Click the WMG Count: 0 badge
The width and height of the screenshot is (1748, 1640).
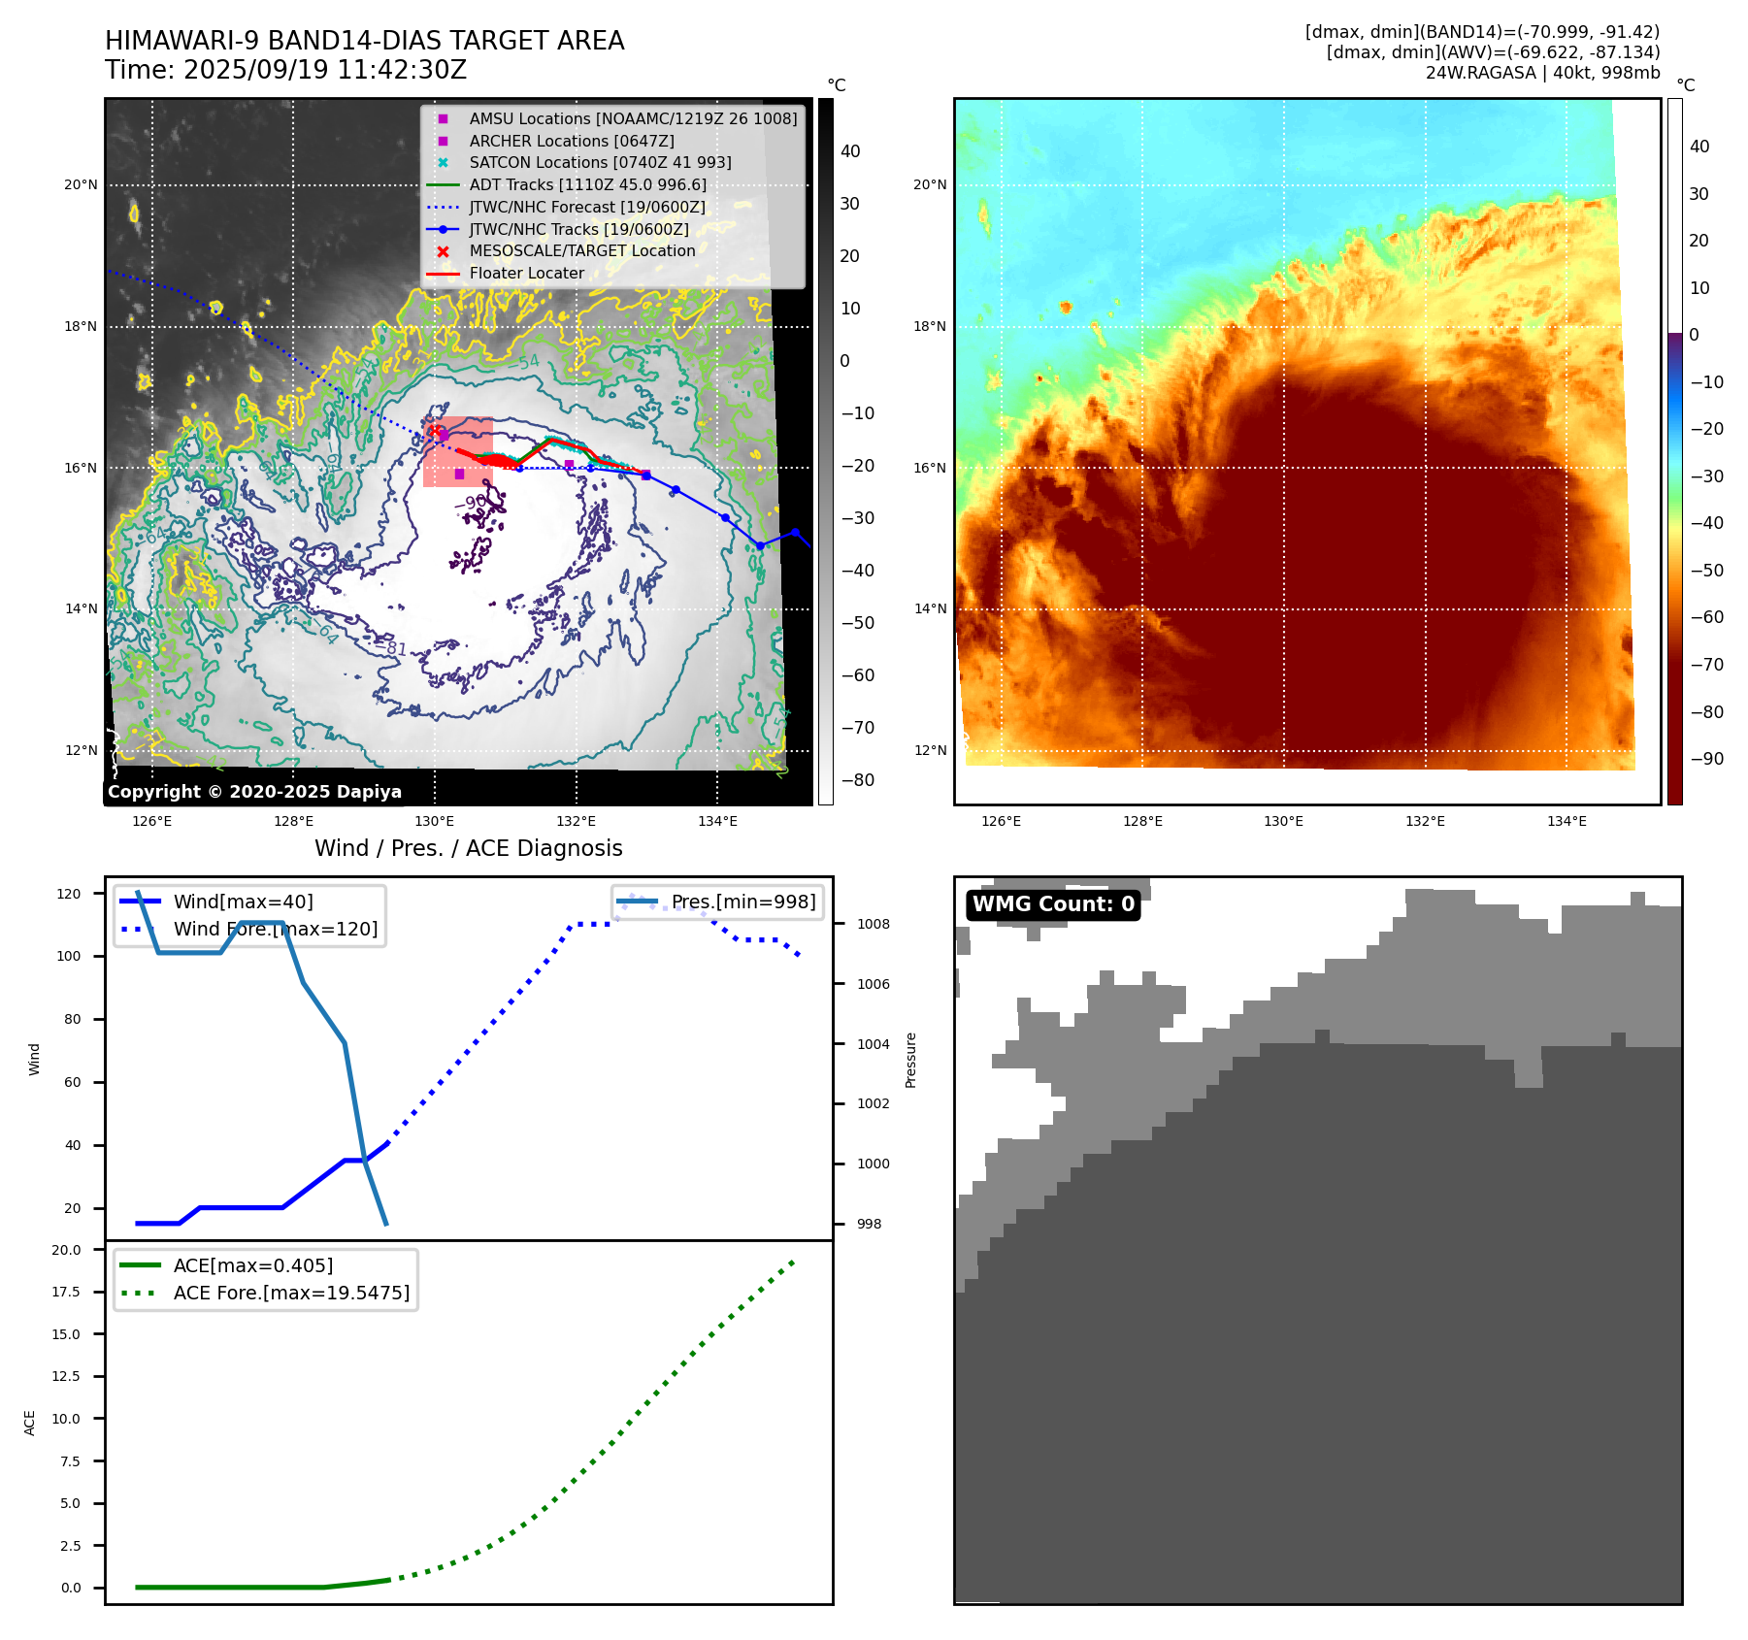[1053, 904]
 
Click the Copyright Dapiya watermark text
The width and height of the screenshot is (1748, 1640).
[254, 792]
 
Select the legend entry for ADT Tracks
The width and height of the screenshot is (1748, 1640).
[587, 184]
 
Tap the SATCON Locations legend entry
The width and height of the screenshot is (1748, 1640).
[600, 163]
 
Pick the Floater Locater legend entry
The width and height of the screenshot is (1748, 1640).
[526, 274]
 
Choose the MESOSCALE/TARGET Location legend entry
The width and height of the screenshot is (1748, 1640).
[581, 251]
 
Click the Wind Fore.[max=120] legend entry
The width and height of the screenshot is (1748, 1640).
[275, 929]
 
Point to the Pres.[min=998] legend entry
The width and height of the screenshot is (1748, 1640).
[742, 902]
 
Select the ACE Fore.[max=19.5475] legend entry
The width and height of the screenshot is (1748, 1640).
[291, 1293]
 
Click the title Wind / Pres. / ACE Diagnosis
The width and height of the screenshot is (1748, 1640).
[469, 848]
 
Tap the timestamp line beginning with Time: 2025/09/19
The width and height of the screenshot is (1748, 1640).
[286, 70]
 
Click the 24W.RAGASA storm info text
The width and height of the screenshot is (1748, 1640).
[1542, 73]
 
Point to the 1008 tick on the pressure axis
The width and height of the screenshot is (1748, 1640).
[873, 924]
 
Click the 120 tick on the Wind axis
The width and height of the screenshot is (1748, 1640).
[69, 894]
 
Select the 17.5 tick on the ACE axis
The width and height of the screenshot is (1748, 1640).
[66, 1292]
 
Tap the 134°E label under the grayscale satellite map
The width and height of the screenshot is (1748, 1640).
[717, 821]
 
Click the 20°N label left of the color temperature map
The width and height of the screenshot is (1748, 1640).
[929, 184]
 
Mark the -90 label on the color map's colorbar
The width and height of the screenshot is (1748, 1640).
[1706, 759]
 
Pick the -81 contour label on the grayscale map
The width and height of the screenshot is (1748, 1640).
[393, 647]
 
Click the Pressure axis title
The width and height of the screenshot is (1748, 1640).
[910, 1060]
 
